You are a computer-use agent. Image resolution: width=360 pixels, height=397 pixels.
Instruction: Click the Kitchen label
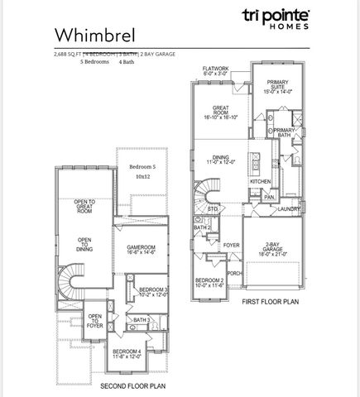coord(261,181)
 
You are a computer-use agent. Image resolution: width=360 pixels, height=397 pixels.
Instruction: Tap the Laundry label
coord(289,209)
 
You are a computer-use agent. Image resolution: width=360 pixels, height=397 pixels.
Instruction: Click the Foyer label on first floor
coord(231,246)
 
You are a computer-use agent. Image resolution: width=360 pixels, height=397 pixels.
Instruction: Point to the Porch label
coord(234,273)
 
